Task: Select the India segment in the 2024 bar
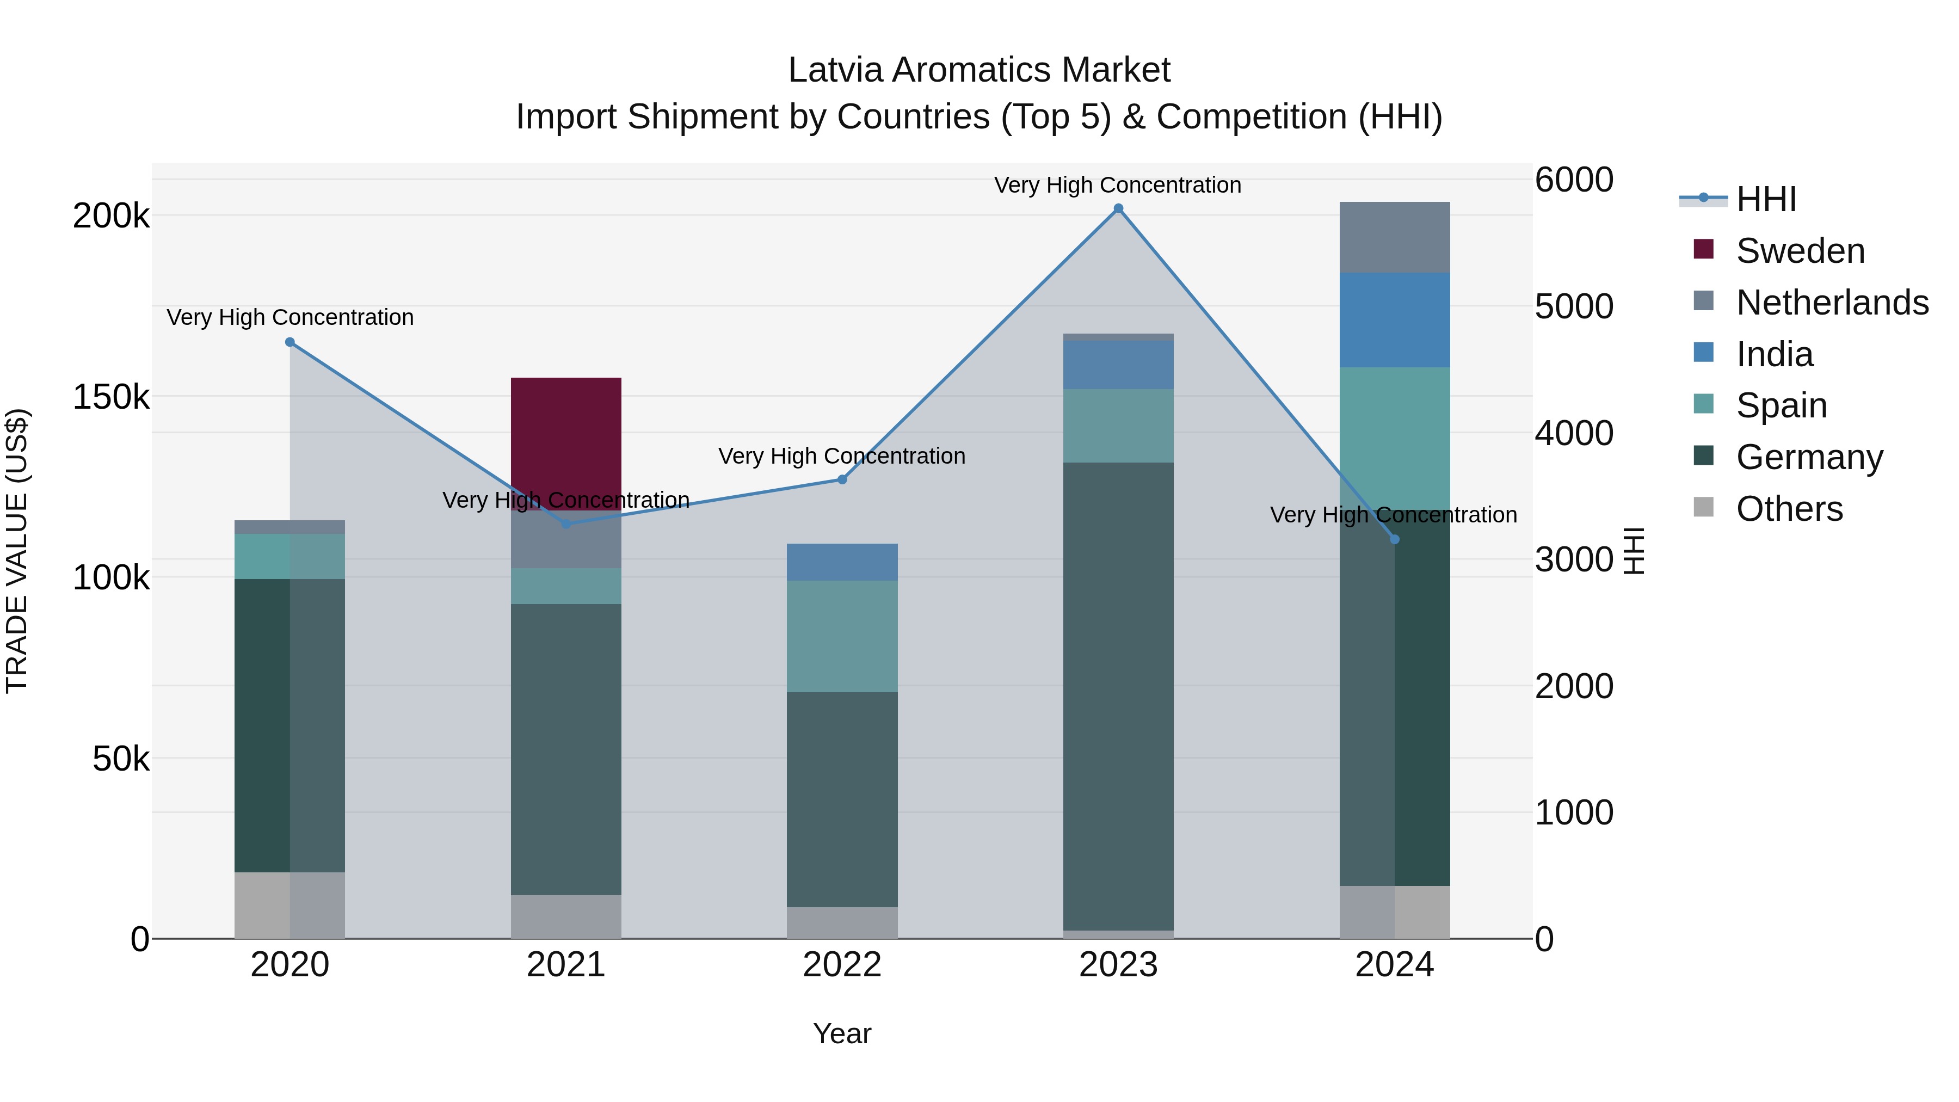(1394, 320)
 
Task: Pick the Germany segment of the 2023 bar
(1118, 696)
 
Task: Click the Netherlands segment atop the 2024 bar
(1394, 237)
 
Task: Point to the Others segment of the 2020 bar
(289, 905)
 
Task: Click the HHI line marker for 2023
(1118, 208)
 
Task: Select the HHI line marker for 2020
(289, 342)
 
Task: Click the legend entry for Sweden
(1800, 251)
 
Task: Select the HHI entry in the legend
(1766, 199)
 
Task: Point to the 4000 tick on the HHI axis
(1573, 434)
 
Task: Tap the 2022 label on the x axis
(842, 965)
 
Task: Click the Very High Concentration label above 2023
(1117, 185)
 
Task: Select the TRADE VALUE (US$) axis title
(17, 551)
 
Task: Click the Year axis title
(842, 1033)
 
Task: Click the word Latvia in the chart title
(836, 70)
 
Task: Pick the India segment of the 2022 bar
(842, 562)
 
